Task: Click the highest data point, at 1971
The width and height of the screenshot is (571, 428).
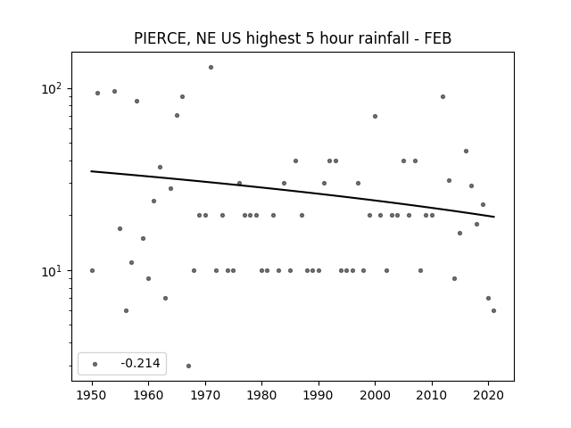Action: click(211, 68)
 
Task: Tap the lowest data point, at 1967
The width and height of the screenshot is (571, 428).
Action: click(188, 366)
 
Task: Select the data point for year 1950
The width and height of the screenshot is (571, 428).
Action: click(92, 270)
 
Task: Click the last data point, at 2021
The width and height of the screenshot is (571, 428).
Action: click(493, 310)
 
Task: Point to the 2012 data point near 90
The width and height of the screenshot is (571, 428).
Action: click(443, 97)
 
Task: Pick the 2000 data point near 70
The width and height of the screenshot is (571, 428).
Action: click(375, 117)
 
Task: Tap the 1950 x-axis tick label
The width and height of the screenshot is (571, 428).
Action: click(92, 395)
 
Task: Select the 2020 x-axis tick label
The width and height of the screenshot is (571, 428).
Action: click(488, 395)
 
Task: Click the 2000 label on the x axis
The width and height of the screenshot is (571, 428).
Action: click(375, 395)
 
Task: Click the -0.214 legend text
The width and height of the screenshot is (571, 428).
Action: click(140, 363)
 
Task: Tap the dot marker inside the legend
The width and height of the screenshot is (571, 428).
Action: click(95, 364)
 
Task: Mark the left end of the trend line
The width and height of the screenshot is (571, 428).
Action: click(91, 171)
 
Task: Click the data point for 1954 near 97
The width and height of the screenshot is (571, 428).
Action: click(114, 91)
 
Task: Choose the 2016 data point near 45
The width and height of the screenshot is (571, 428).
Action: click(466, 151)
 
